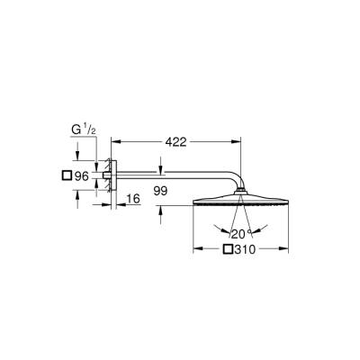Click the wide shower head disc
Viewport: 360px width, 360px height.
click(240, 201)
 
